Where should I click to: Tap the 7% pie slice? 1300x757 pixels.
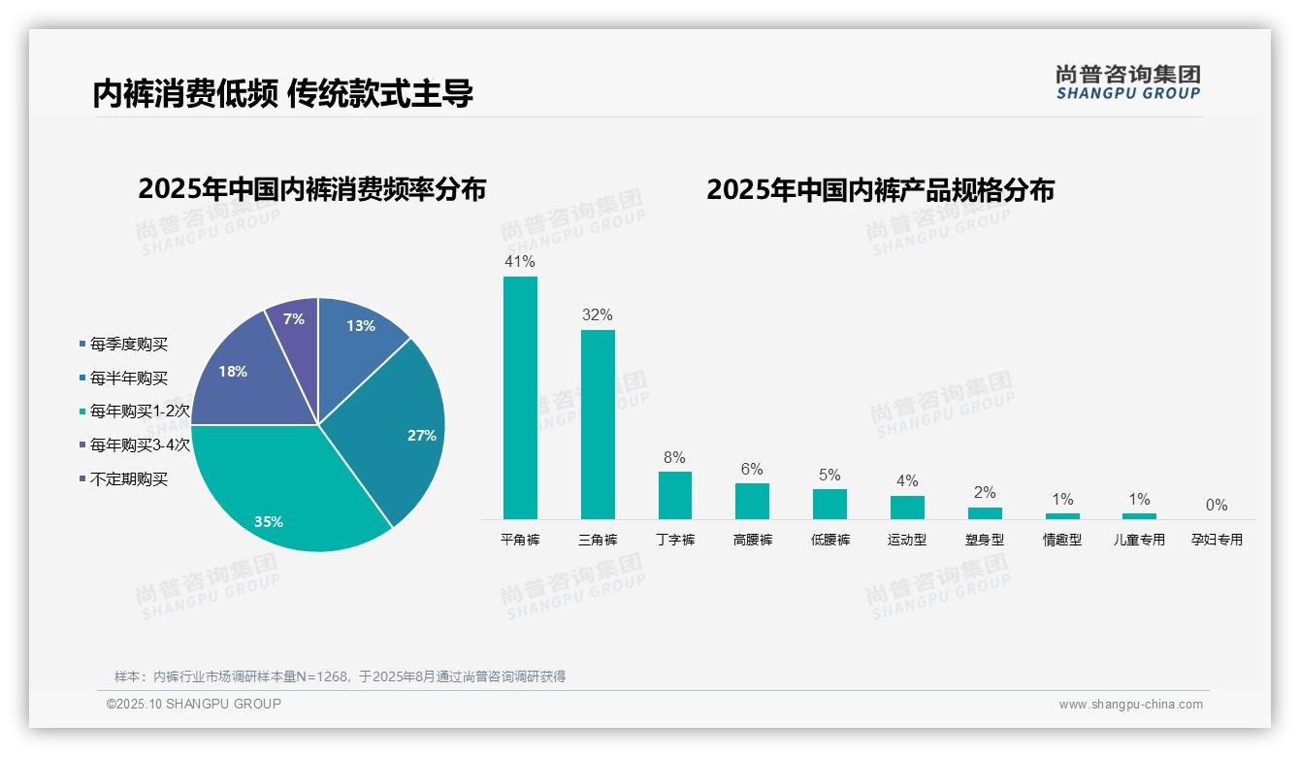coord(296,325)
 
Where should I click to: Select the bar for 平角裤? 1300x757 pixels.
coord(520,398)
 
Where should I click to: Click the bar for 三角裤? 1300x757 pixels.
coord(598,424)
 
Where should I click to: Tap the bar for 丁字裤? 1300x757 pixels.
coord(675,495)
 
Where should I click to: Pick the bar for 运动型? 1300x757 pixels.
coord(907,508)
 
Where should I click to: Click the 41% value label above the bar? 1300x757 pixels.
coord(520,262)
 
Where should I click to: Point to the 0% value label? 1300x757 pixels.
coord(1217,506)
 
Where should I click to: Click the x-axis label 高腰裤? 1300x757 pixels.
coord(753,540)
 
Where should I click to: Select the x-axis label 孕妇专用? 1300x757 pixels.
coord(1217,540)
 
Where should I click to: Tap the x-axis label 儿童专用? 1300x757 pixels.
coord(1139,540)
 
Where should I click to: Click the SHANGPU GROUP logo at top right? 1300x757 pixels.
coord(1127,82)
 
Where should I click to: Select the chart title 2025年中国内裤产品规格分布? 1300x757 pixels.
coord(880,190)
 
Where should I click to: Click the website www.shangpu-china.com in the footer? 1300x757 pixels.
coord(1130,705)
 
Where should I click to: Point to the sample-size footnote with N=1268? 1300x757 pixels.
coord(340,676)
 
